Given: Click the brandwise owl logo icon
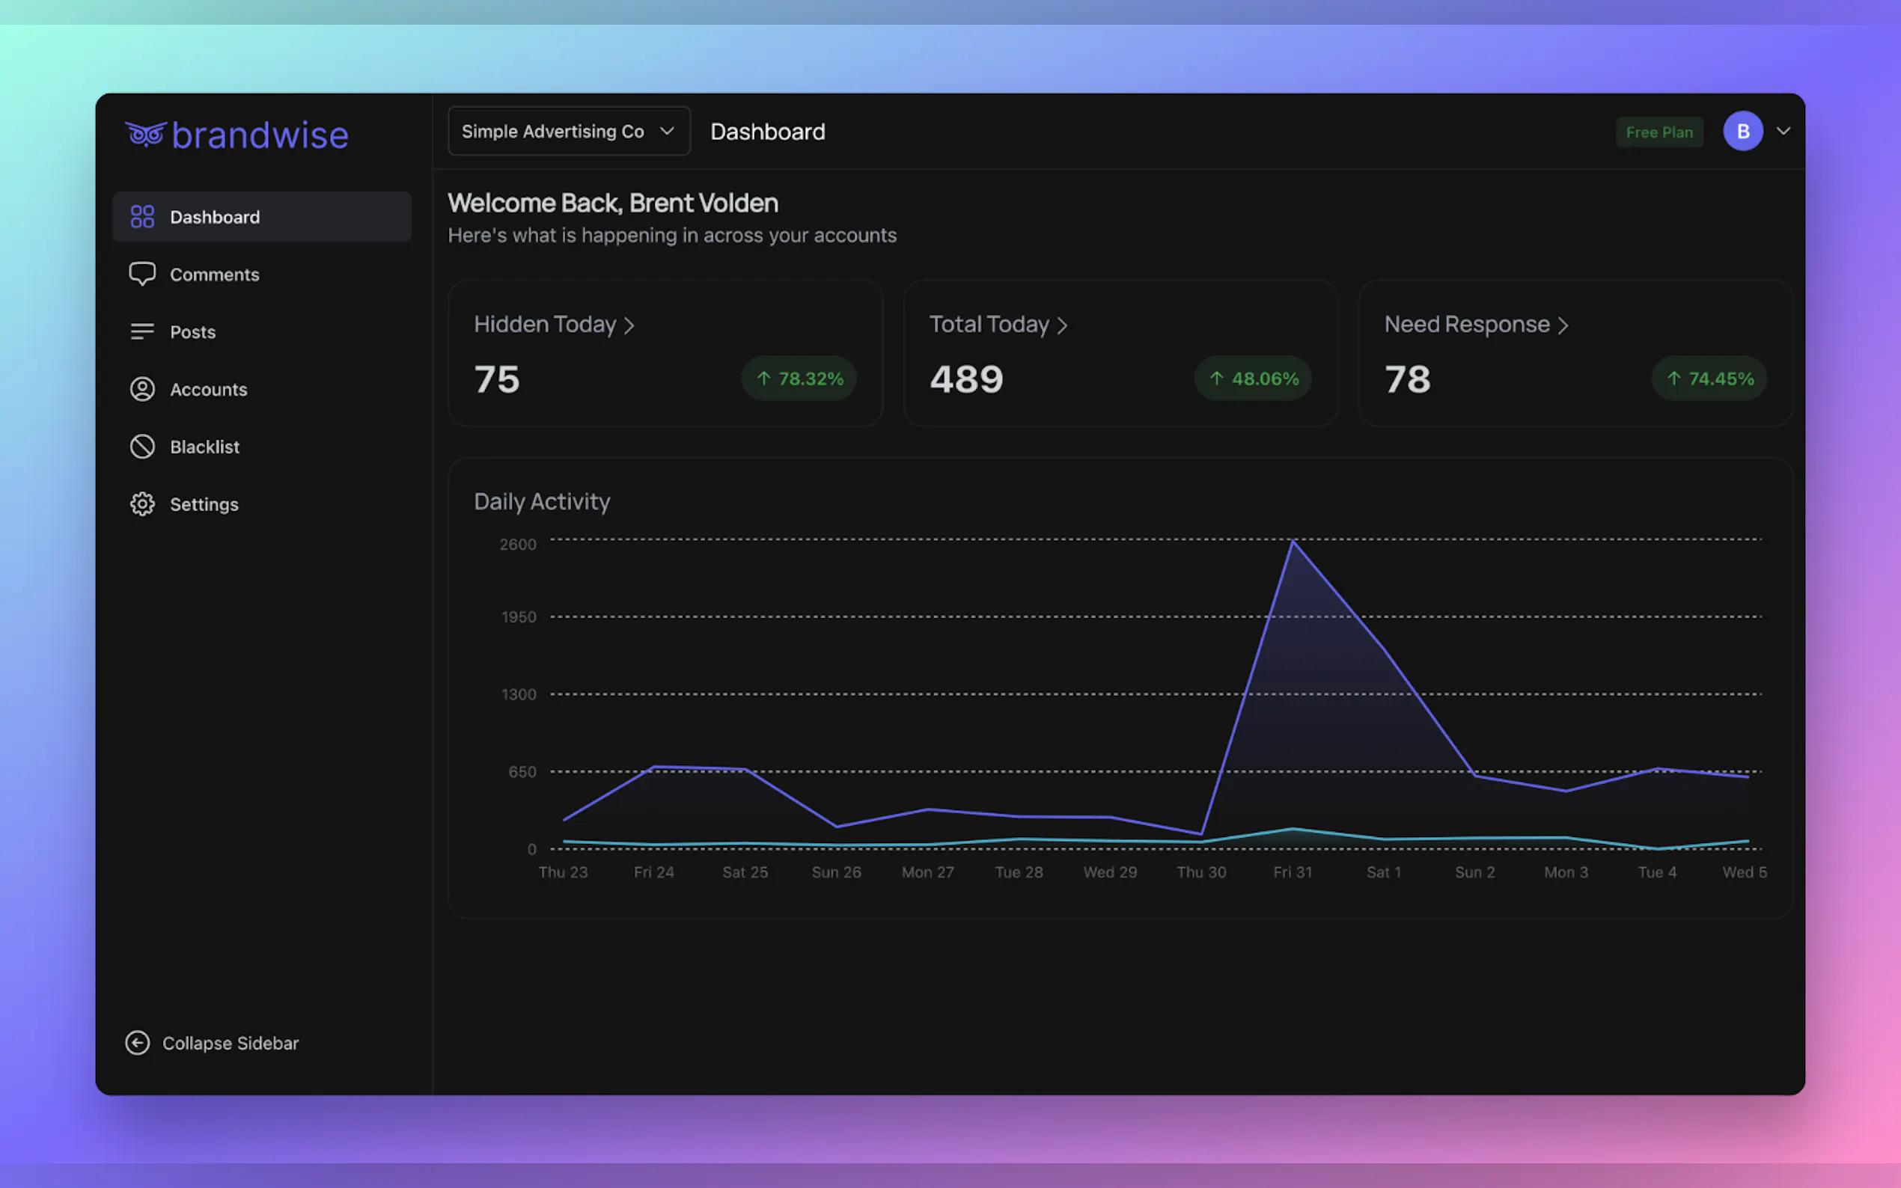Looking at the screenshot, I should (x=145, y=135).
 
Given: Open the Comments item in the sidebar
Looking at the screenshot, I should (x=214, y=275).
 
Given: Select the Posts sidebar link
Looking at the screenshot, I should (x=192, y=331).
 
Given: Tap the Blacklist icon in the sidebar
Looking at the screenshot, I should (x=142, y=447).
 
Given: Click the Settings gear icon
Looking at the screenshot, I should (x=142, y=503).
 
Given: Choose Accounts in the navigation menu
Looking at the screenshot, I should (x=208, y=389).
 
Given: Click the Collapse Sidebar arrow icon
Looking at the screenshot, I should (x=138, y=1043).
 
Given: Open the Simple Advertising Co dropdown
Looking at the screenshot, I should (x=568, y=131).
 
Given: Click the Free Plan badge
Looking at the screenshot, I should (x=1659, y=132).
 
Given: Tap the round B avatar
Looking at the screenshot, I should (x=1742, y=131).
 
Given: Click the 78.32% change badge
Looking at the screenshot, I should (x=799, y=379).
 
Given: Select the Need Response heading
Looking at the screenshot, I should (x=1466, y=324).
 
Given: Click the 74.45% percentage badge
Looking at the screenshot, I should (x=1709, y=379).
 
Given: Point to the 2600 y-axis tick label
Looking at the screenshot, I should (x=518, y=544).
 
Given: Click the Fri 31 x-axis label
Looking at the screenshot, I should (x=1293, y=872).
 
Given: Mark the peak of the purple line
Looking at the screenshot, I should (x=1293, y=541).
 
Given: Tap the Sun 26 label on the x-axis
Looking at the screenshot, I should (x=836, y=872).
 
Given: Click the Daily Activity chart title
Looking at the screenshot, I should (x=541, y=501).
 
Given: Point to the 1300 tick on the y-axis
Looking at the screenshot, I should (x=519, y=693).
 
